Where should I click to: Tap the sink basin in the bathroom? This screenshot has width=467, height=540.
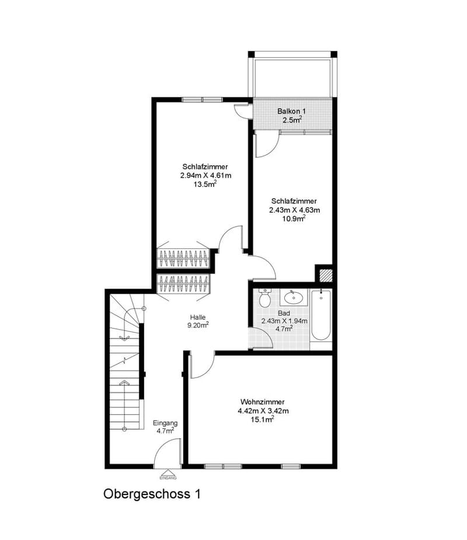tap(294, 296)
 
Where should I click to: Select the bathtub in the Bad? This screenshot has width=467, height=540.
tap(321, 316)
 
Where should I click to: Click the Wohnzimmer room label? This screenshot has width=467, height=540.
tap(262, 402)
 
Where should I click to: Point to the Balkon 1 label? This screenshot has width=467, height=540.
tap(292, 111)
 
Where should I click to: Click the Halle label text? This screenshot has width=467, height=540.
tap(198, 317)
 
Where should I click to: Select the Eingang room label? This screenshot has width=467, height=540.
tap(165, 423)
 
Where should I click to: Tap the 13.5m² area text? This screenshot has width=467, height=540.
tap(205, 184)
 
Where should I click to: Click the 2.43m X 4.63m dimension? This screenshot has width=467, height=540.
tap(294, 210)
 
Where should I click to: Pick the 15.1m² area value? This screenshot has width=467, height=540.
tap(262, 420)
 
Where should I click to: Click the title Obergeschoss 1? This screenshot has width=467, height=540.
tap(152, 494)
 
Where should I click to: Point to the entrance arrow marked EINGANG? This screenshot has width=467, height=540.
tap(168, 475)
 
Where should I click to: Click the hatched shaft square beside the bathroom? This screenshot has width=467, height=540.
tap(325, 275)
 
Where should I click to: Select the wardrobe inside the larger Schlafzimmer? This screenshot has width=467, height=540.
tap(183, 258)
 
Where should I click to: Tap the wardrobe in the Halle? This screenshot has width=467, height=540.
tap(183, 284)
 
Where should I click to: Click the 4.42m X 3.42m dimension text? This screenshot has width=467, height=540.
tap(263, 411)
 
